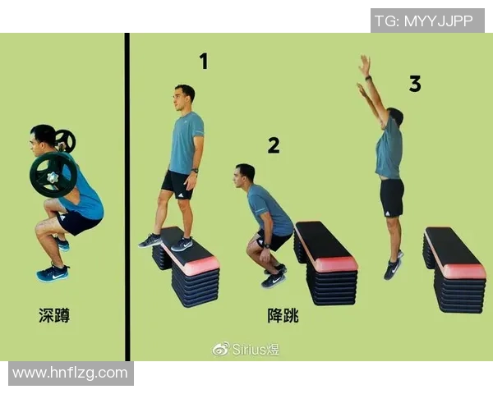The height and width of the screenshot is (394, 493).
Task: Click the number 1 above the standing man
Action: tap(203, 62)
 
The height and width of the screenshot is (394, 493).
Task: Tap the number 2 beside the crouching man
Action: tap(274, 146)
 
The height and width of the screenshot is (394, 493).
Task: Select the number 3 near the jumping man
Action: tap(415, 84)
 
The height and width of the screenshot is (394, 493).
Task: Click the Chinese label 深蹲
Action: tap(54, 315)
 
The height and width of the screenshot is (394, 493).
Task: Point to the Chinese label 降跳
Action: tap(283, 315)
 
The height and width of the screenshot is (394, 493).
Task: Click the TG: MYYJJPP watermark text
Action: tap(424, 21)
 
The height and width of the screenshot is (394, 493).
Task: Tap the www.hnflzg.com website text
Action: tap(71, 373)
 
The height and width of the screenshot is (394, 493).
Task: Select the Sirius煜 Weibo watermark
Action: tap(246, 349)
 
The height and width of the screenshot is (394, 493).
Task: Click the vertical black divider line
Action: tap(127, 197)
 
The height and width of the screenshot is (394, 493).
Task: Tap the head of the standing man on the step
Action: tap(184, 97)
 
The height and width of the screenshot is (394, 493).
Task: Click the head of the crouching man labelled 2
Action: tap(245, 175)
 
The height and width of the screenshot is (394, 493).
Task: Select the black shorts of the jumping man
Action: tap(392, 197)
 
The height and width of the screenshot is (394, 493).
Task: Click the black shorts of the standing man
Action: tap(177, 184)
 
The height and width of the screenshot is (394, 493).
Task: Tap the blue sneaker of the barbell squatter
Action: tap(53, 273)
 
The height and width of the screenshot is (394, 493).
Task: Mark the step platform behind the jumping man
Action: tap(454, 264)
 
